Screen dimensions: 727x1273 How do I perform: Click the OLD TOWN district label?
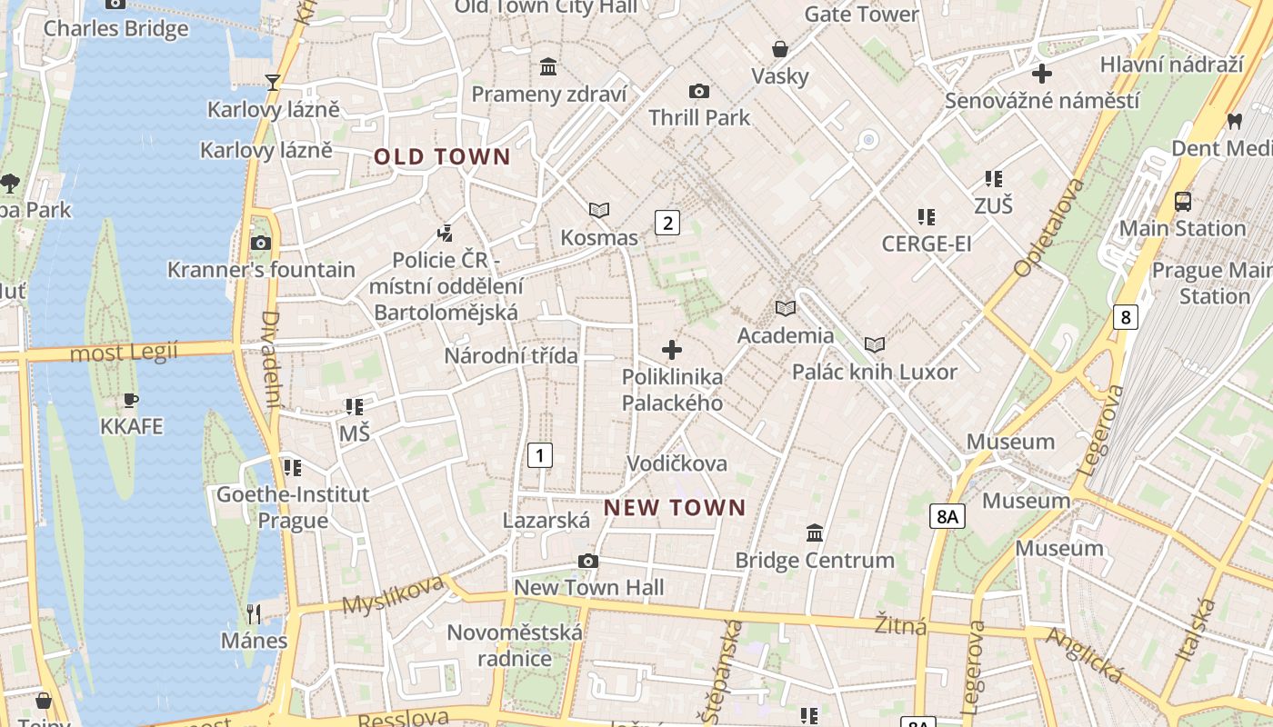point(442,157)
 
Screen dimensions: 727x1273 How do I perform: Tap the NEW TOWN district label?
point(675,508)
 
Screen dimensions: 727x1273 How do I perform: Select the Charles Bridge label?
point(116,28)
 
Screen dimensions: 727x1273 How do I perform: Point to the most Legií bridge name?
point(124,352)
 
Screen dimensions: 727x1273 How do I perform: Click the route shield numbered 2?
point(667,222)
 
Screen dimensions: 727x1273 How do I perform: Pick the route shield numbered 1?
point(540,454)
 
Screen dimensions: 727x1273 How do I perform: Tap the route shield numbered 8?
point(1126,317)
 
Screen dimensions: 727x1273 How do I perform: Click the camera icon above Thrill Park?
point(698,91)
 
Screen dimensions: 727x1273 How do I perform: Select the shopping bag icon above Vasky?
point(779,49)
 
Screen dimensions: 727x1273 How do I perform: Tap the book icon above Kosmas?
point(598,211)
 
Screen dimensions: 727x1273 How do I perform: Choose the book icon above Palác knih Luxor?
point(874,345)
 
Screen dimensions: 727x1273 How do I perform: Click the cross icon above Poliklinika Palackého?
point(672,350)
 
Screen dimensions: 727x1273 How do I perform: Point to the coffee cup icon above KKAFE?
point(131,400)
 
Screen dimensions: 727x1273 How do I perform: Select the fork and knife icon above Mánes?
point(254,614)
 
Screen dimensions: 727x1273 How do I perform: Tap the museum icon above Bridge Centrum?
point(815,533)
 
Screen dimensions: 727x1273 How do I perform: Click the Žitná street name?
point(900,626)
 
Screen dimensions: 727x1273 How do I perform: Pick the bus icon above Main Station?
point(1182,202)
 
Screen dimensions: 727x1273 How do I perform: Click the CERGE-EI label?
point(927,244)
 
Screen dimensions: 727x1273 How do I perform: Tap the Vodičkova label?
point(677,463)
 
